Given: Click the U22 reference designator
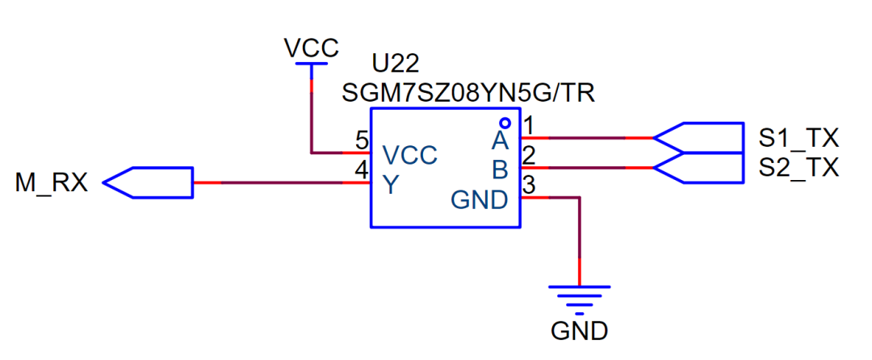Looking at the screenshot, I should point(396,63).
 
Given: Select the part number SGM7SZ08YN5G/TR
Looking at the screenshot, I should point(468,92).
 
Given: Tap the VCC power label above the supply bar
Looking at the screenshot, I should point(312,48).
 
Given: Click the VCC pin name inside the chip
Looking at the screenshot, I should point(409,155).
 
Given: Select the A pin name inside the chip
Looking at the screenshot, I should point(500,142).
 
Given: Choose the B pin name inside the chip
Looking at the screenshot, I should point(500,170).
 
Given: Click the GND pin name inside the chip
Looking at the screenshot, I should point(480,199).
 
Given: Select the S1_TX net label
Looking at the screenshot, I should point(799,138).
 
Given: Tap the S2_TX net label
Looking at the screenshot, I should point(799,168).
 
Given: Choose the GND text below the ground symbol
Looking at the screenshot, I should point(579,331).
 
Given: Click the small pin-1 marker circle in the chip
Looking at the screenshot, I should point(505,123).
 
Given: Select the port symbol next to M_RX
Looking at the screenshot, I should point(149,183).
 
